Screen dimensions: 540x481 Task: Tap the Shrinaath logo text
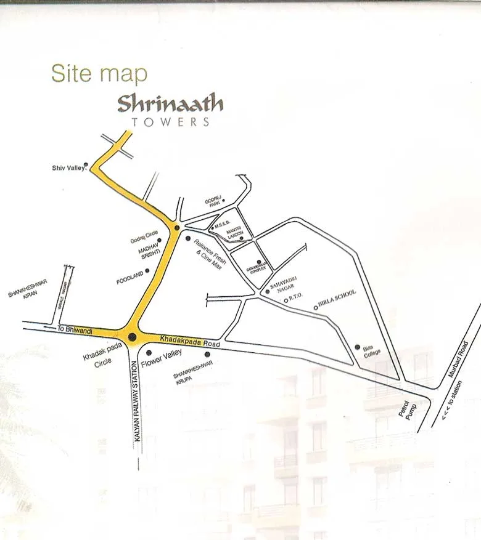170,103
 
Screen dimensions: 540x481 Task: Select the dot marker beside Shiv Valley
86,164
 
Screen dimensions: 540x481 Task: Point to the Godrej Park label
212,203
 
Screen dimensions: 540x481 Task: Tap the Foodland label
129,276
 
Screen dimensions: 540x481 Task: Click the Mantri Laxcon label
234,233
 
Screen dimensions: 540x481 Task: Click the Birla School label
338,300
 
